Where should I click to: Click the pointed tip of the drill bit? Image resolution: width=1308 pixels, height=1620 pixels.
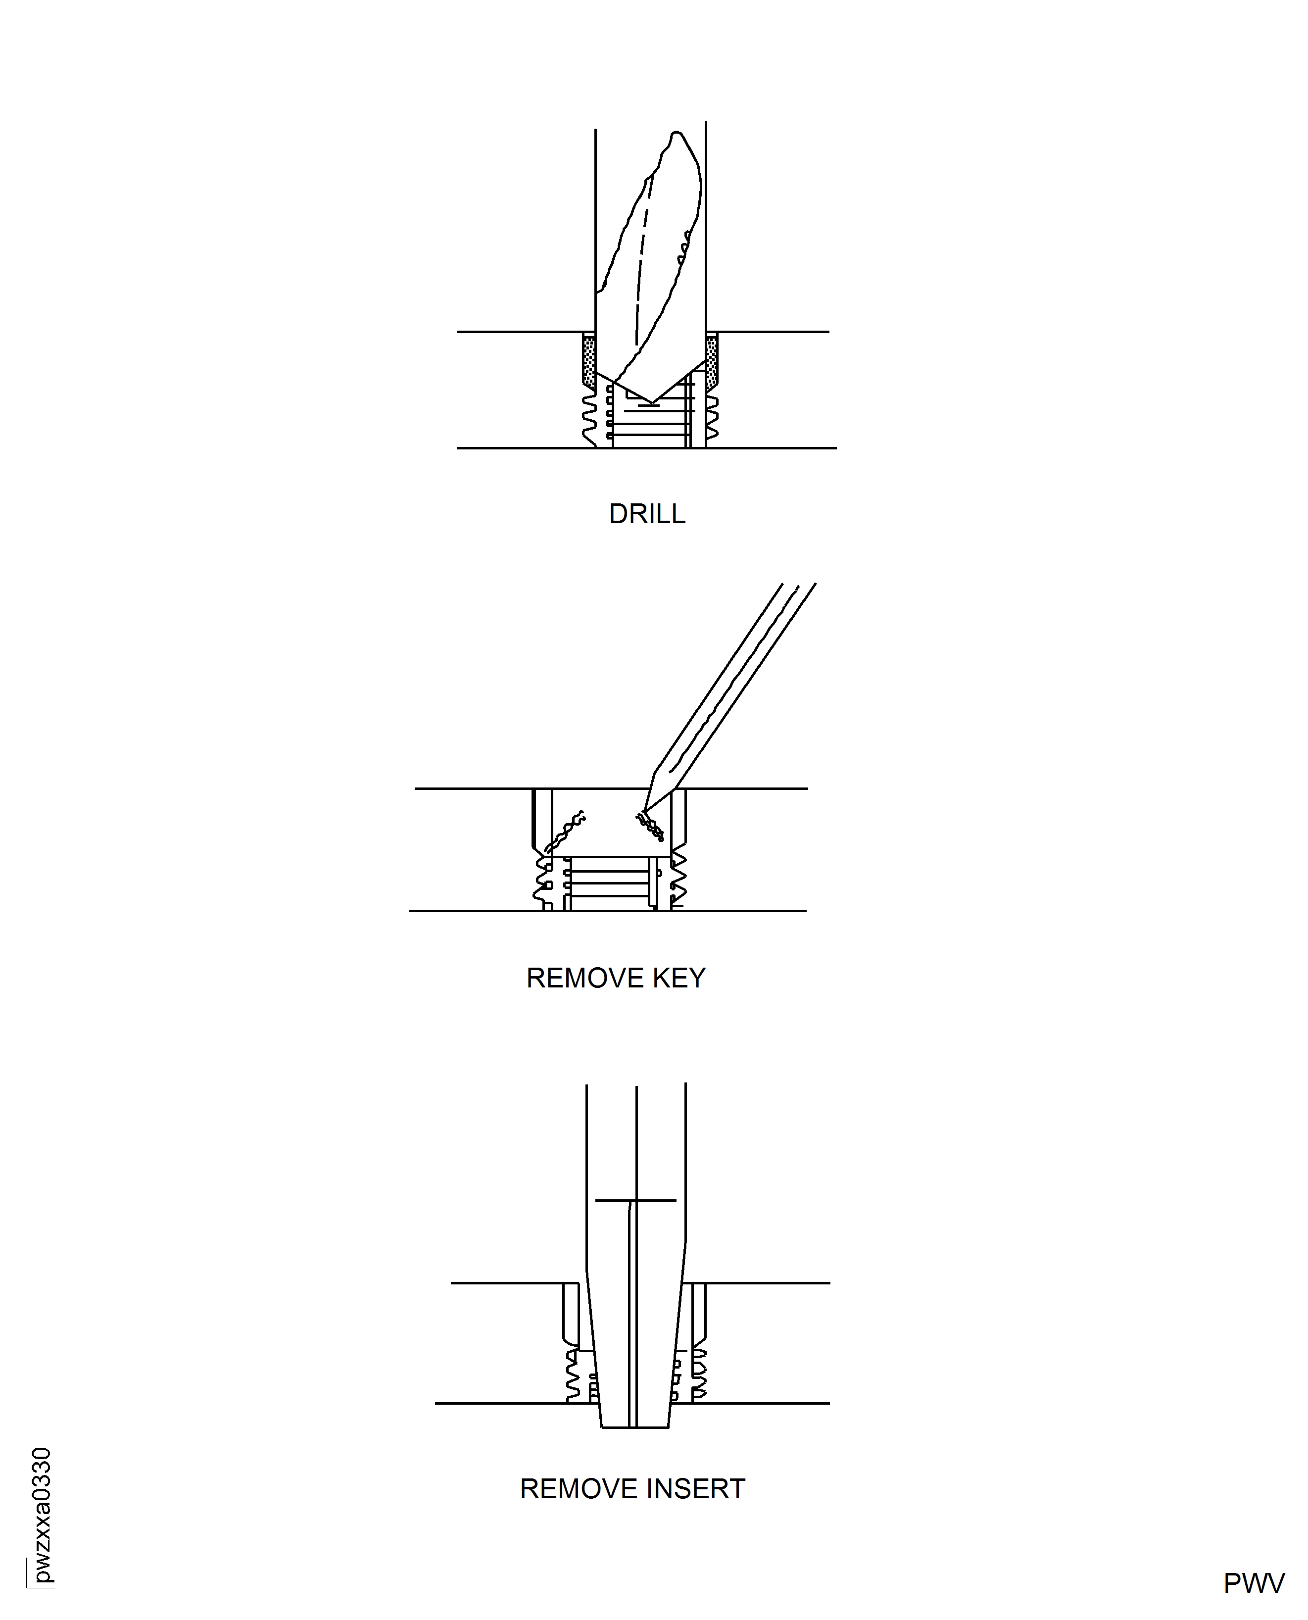[x=651, y=401]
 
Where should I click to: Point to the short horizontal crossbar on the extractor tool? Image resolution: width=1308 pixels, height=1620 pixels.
[x=635, y=1200]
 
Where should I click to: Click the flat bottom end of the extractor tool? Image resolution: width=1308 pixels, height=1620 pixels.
[x=634, y=1426]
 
